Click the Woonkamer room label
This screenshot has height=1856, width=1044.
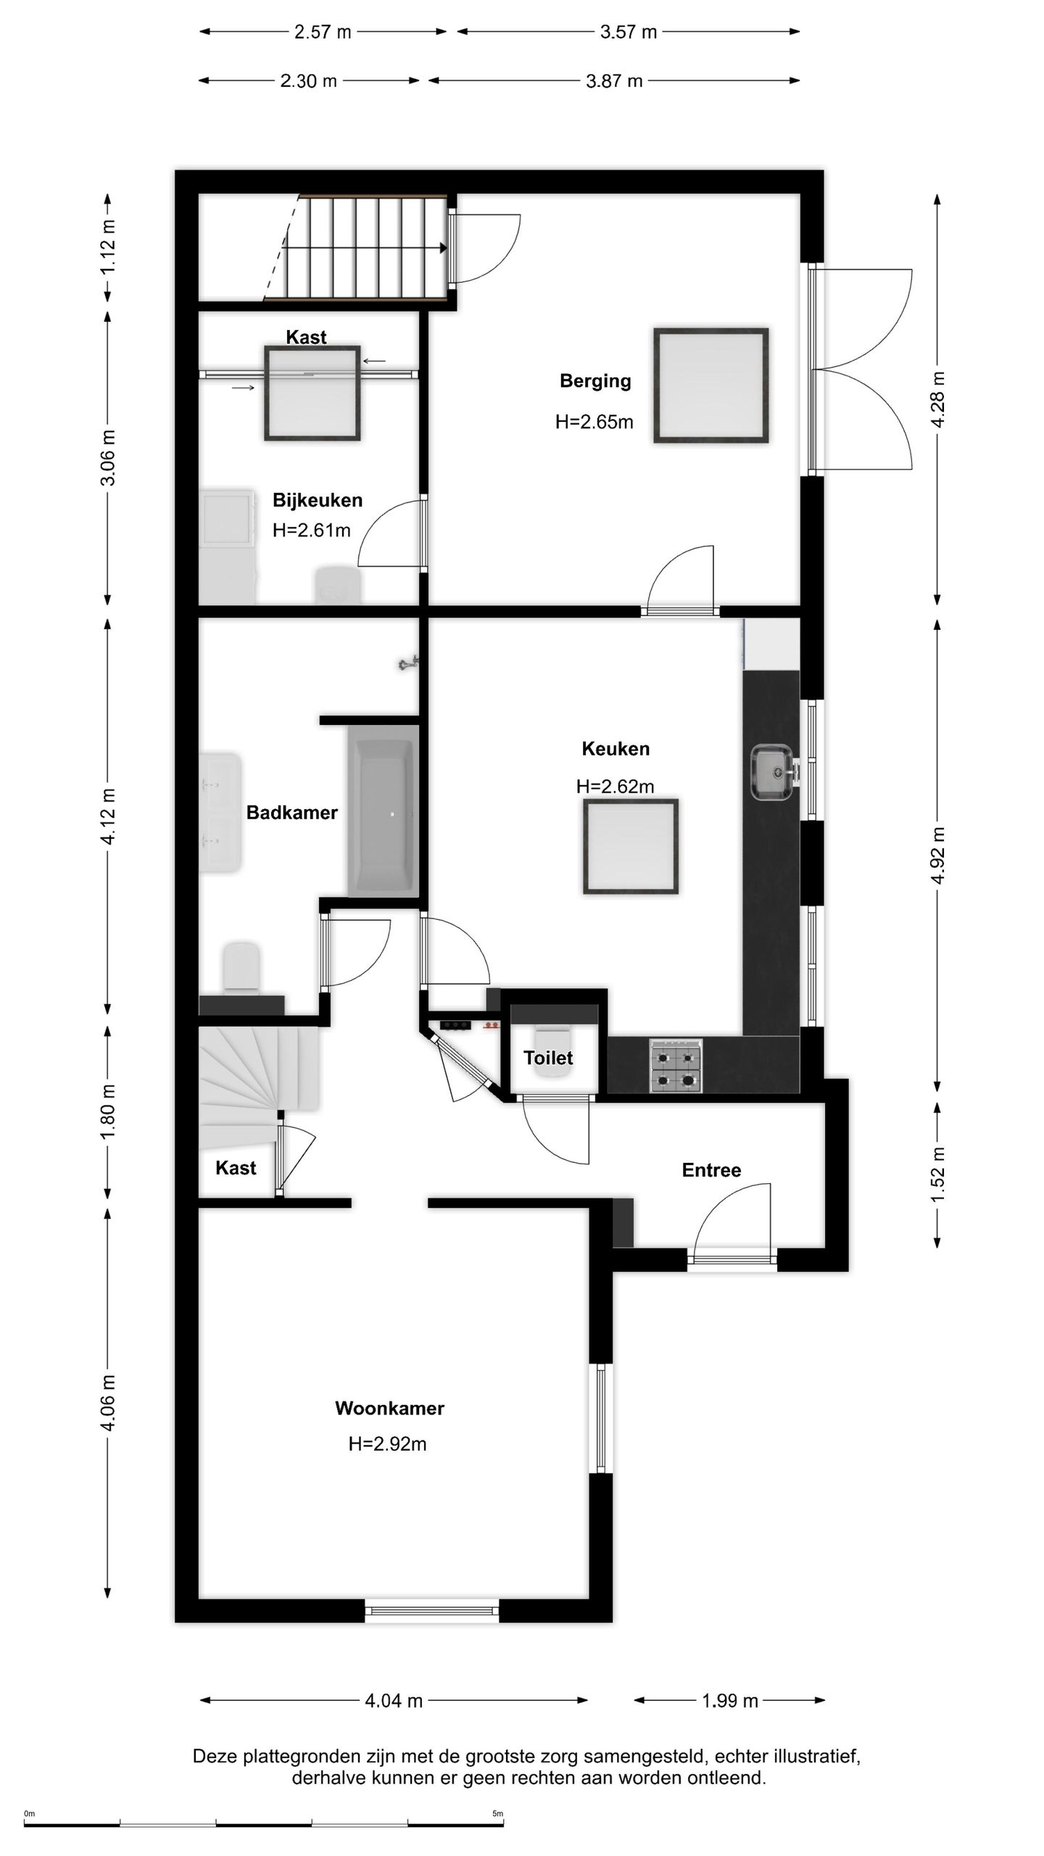(x=389, y=1408)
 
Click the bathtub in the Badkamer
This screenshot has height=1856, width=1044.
(x=383, y=809)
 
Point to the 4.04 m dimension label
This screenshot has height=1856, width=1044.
(x=394, y=1700)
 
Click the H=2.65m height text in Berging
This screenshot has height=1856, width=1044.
(x=594, y=422)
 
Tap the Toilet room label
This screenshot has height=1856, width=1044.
(x=548, y=1058)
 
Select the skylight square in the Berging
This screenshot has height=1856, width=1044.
(x=710, y=385)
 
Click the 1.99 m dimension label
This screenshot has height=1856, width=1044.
(x=729, y=1700)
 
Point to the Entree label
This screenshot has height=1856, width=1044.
(x=711, y=1170)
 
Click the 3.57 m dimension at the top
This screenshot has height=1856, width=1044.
(x=628, y=32)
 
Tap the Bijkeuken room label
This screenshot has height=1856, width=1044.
(x=317, y=500)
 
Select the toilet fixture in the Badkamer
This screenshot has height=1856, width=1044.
(x=241, y=966)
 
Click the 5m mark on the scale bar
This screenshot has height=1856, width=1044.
(x=497, y=1814)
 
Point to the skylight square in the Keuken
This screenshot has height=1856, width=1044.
(x=630, y=846)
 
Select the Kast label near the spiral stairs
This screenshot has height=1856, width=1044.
(x=236, y=1167)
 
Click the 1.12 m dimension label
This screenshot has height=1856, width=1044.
(x=109, y=247)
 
